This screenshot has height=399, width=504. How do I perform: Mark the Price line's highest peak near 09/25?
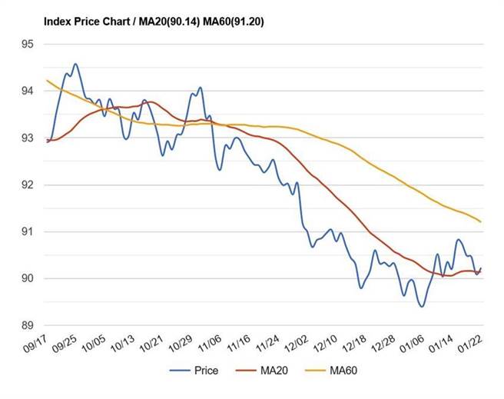75,64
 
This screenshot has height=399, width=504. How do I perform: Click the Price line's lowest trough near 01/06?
422,306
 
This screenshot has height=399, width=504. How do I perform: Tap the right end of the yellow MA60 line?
481,221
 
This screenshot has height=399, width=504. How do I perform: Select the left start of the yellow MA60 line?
47,80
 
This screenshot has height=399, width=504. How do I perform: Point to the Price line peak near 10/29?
200,88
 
